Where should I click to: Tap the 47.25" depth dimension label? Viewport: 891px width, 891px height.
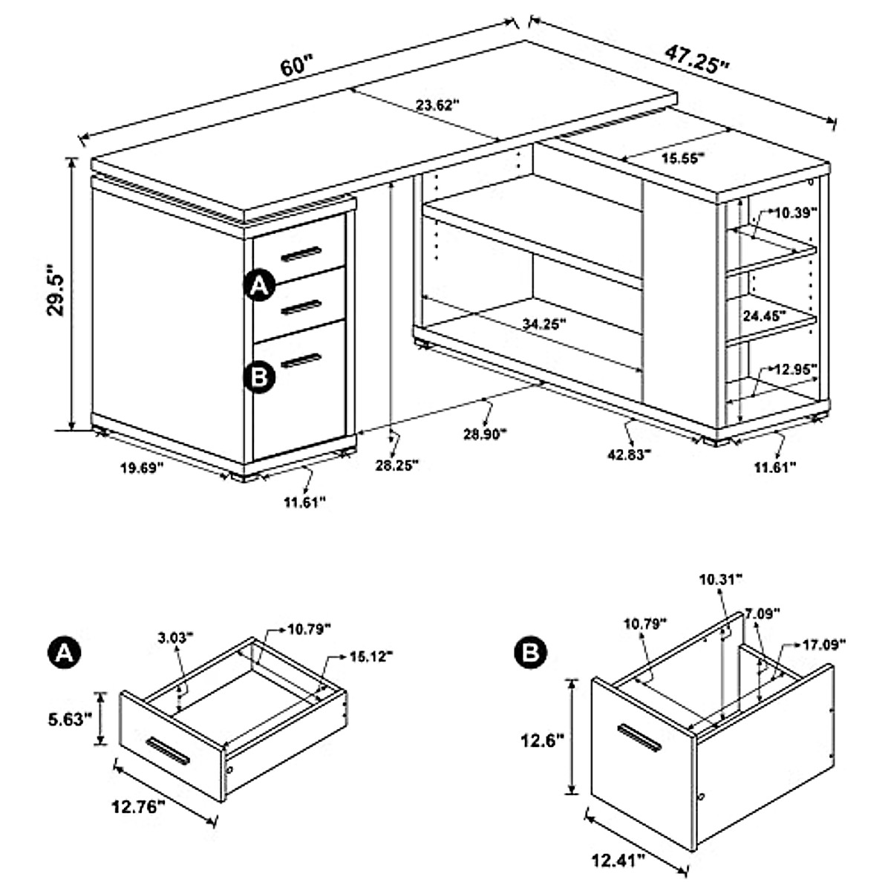696,59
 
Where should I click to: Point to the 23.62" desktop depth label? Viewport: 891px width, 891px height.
438,105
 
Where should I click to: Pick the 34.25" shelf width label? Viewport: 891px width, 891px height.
544,324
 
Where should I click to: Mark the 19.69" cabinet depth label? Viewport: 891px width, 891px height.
141,468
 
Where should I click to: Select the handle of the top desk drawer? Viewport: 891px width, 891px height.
301,254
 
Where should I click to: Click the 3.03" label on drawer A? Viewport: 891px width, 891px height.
175,636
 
